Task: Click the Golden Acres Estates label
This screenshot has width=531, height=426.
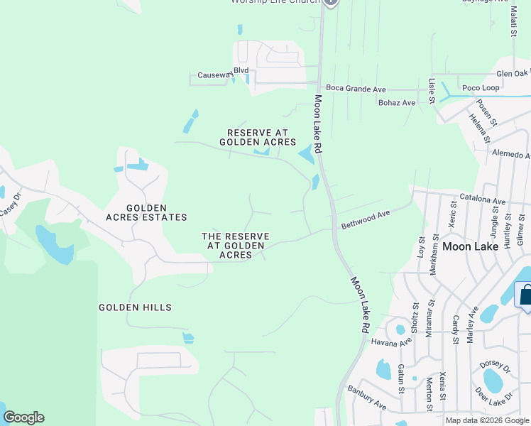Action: click(146, 212)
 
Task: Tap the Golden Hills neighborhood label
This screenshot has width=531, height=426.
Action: click(135, 307)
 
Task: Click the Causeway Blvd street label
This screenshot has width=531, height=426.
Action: click(223, 71)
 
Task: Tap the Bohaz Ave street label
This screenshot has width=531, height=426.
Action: click(397, 103)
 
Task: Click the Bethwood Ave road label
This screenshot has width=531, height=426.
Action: click(366, 219)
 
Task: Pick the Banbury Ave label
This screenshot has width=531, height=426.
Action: click(367, 398)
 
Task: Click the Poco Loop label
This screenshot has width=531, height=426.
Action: click(481, 88)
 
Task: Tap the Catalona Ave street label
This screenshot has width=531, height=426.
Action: click(483, 200)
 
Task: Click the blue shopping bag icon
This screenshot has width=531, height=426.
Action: click(525, 295)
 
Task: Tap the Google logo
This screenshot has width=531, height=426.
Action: click(23, 417)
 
